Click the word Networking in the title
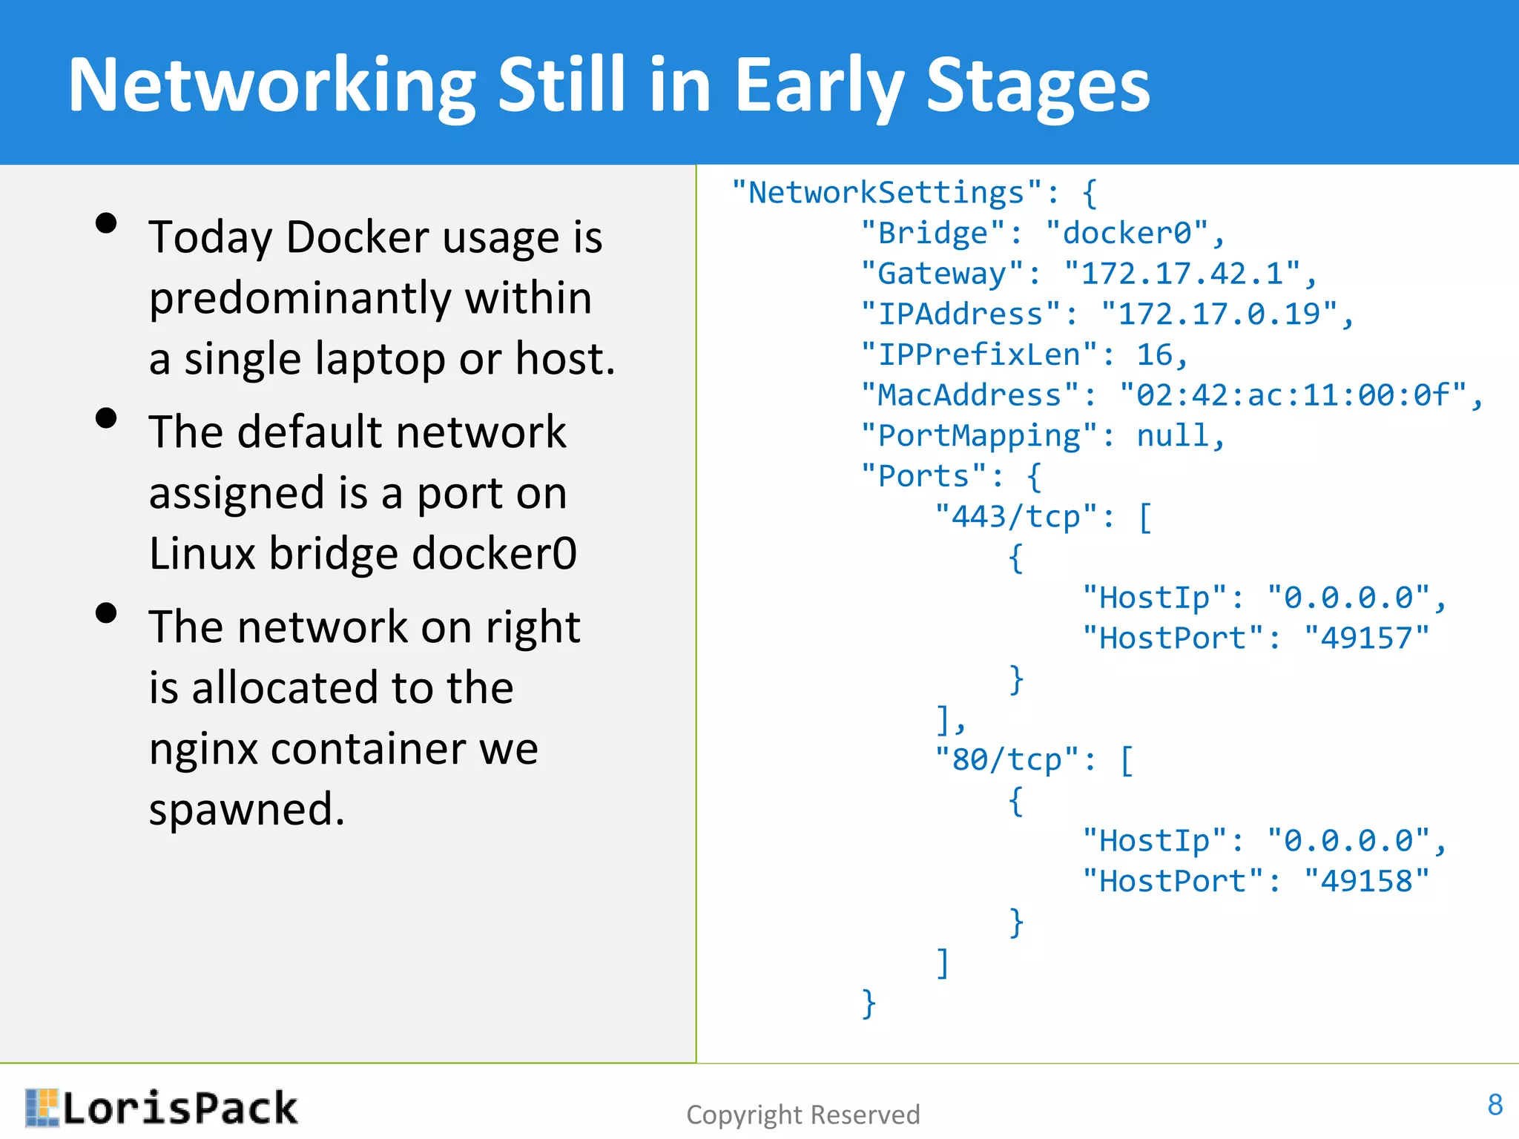[x=271, y=85]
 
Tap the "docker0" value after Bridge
[x=1127, y=234]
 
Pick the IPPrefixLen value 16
[x=1154, y=355]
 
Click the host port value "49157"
[x=1366, y=638]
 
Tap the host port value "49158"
[x=1366, y=882]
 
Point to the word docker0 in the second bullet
[x=494, y=553]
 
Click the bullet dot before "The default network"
[x=107, y=418]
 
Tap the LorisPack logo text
[x=179, y=1109]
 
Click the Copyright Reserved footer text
[x=803, y=1115]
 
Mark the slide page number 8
[x=1495, y=1105]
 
